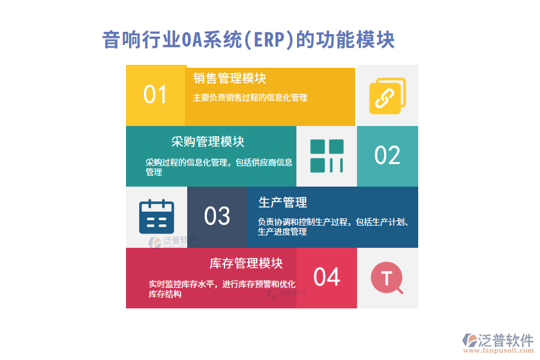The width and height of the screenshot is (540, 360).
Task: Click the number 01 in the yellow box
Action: click(x=155, y=95)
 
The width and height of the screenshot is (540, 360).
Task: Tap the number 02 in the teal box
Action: click(x=387, y=155)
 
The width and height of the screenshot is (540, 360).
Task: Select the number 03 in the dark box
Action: click(x=217, y=216)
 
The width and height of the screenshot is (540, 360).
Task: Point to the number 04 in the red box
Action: click(x=327, y=277)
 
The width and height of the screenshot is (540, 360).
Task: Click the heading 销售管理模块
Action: click(x=230, y=79)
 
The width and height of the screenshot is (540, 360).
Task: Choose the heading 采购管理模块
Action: click(x=208, y=142)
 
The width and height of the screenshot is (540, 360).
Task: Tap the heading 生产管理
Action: click(x=283, y=202)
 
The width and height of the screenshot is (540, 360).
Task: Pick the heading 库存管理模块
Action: click(x=246, y=263)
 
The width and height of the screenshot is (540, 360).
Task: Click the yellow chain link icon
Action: click(x=387, y=96)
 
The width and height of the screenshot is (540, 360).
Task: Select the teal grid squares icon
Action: click(x=326, y=156)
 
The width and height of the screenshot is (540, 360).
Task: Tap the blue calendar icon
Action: click(x=156, y=217)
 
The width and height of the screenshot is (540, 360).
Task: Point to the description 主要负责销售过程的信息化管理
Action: click(x=250, y=98)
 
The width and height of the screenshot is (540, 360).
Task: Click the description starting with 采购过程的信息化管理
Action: click(x=218, y=167)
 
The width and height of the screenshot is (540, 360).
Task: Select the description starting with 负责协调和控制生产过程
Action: click(x=333, y=226)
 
